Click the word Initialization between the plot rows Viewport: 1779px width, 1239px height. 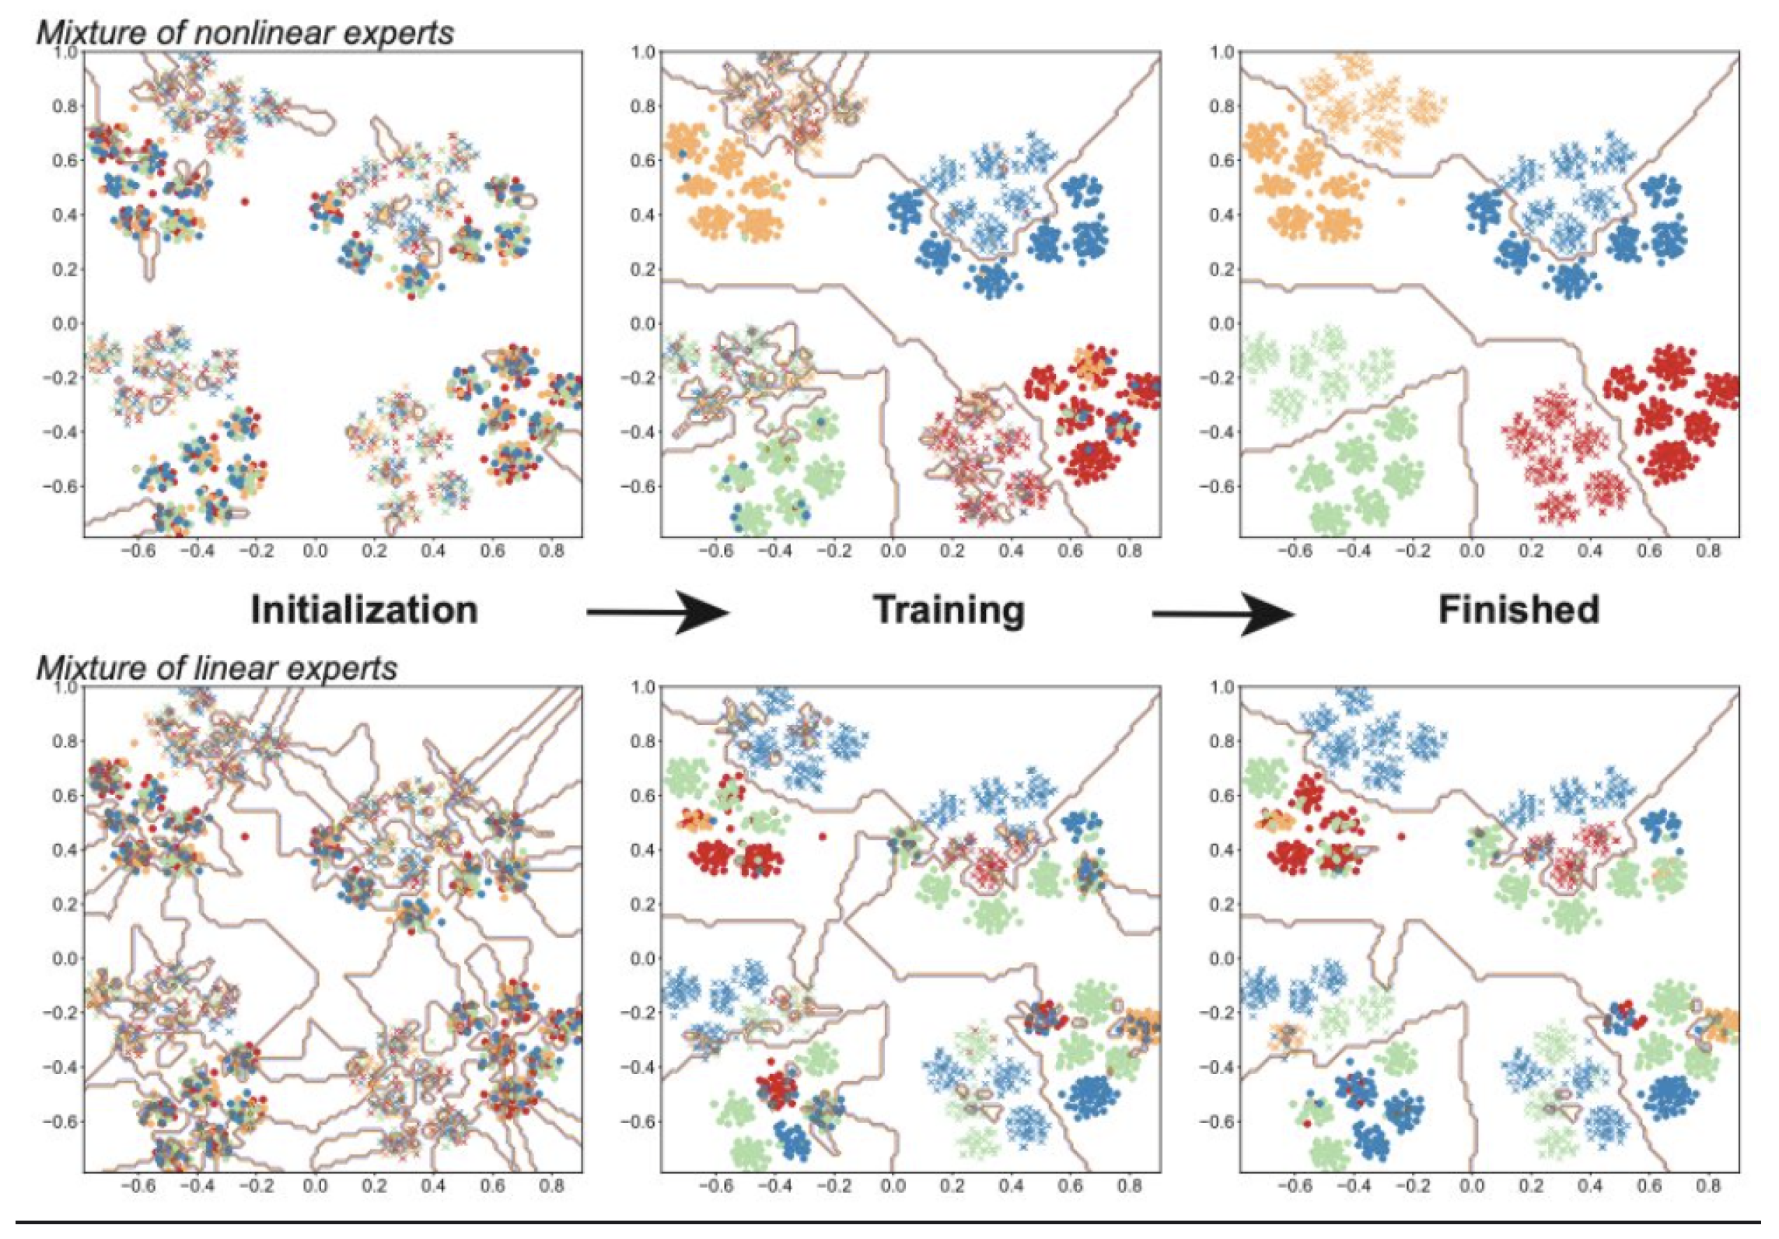pos(364,610)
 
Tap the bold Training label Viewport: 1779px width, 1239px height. pos(949,610)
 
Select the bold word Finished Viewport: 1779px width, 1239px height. pos(1519,610)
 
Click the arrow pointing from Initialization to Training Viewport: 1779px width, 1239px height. pos(658,613)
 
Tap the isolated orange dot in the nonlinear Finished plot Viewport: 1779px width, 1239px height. pos(1401,202)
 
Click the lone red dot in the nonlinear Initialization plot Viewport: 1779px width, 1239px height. pos(245,201)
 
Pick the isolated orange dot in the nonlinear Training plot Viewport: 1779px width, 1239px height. pos(823,202)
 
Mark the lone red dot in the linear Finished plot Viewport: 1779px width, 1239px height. pos(1401,837)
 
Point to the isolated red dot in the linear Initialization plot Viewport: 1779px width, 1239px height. pos(245,837)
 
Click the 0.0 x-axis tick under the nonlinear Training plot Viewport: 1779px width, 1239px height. pos(893,551)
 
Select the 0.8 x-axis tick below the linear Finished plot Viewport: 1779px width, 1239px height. pos(1707,1186)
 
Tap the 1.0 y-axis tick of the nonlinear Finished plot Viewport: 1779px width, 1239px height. pos(1222,52)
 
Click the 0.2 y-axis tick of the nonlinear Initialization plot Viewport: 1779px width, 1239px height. pos(65,269)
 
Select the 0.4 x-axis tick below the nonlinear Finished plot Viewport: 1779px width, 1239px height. pos(1589,551)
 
